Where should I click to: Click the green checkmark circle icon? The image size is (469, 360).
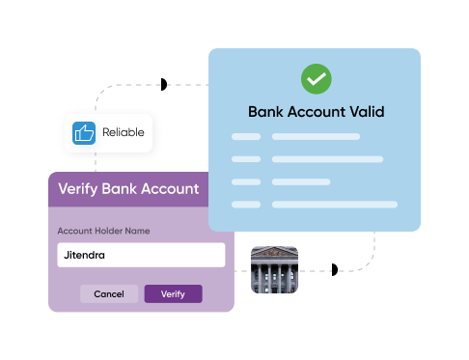[x=315, y=78]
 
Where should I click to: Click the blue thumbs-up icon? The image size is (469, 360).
[x=85, y=132]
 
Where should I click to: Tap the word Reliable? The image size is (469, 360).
[x=123, y=132]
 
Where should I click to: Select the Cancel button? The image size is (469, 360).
[x=108, y=293]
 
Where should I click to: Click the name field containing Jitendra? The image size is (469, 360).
[x=141, y=255]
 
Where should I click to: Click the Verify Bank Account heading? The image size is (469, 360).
[x=128, y=188]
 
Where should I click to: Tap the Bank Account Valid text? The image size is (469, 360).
[x=316, y=112]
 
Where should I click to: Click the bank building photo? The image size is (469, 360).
[x=274, y=269]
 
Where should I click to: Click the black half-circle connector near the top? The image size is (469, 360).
[x=163, y=85]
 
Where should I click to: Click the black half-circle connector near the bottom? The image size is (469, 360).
[x=334, y=269]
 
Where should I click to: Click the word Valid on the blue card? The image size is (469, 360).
[x=366, y=112]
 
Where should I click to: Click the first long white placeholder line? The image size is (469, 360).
[x=316, y=137]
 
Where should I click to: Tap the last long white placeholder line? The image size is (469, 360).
[x=334, y=205]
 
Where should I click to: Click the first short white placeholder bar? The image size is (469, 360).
[x=246, y=137]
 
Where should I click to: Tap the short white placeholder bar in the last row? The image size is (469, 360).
[x=246, y=205]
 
